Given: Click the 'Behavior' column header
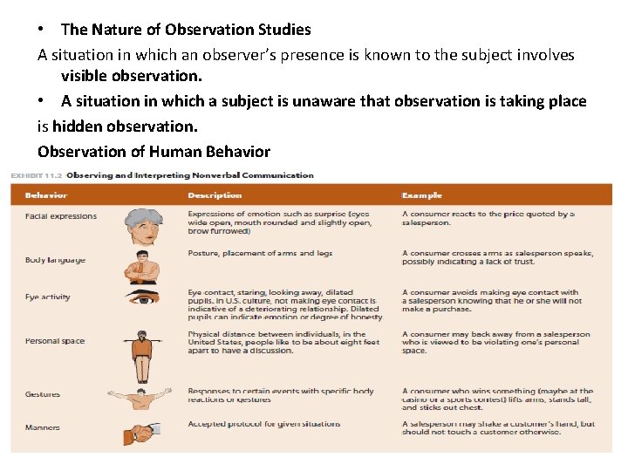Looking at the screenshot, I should pos(46,195).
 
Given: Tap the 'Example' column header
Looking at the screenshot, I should pos(422,195).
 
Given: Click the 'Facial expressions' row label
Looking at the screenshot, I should pos(61,216).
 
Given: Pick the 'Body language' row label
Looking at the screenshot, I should pos(55,260).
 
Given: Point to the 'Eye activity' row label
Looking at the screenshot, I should pos(48,297).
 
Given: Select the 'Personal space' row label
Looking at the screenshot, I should pos(55,341).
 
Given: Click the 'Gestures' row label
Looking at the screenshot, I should pos(43,394).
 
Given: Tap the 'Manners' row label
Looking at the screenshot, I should pos(43,427).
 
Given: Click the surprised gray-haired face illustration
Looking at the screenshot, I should pos(141,226).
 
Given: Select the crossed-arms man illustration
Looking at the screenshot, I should pos(141,268).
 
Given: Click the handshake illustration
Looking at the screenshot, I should pos(141,432).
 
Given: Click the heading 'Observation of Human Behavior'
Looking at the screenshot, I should pos(154,152).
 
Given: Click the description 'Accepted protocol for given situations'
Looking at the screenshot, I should pos(263,424).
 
